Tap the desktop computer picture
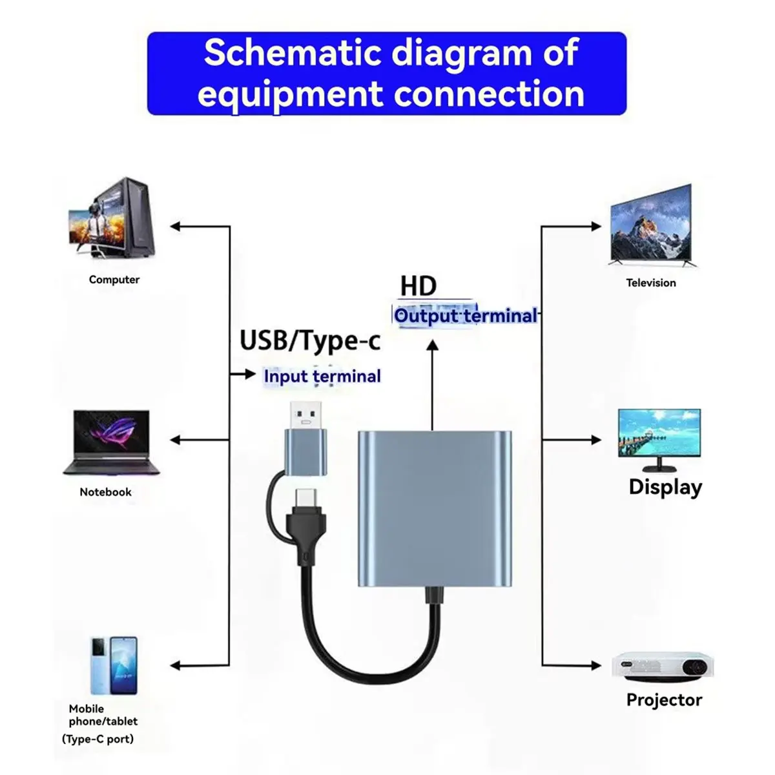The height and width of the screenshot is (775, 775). [x=113, y=218]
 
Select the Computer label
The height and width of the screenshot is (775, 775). [x=114, y=280]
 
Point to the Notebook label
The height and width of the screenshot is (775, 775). [x=105, y=492]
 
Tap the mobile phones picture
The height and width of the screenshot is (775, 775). [x=114, y=665]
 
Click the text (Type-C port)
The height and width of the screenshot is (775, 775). [x=98, y=739]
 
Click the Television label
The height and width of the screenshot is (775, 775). [x=651, y=283]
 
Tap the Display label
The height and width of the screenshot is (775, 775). [x=665, y=487]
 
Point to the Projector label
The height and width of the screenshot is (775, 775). [x=664, y=700]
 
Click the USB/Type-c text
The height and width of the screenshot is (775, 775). [x=310, y=340]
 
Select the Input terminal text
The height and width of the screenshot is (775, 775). [x=322, y=376]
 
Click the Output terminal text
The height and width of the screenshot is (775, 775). [x=466, y=316]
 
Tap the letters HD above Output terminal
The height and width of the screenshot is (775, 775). [x=418, y=285]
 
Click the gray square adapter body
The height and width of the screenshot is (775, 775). [x=435, y=508]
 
